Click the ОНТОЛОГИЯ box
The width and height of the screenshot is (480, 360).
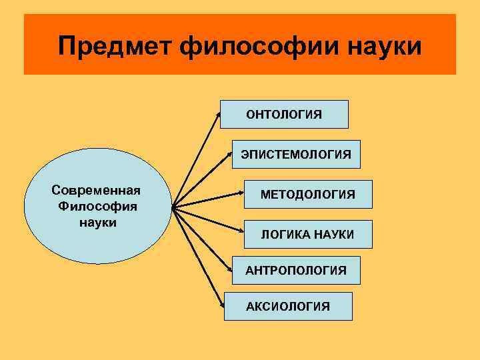(284, 114)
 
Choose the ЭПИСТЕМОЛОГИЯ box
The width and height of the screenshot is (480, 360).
(296, 154)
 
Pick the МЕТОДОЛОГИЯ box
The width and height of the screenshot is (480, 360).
(308, 194)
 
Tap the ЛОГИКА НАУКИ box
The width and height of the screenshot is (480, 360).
(308, 234)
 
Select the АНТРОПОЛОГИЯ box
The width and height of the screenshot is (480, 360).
(296, 270)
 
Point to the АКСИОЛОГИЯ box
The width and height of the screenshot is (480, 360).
(288, 306)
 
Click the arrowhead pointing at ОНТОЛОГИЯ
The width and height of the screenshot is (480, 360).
(221, 114)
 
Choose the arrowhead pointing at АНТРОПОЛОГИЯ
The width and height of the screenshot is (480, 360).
(230, 271)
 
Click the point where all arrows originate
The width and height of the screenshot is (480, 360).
(173, 207)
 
